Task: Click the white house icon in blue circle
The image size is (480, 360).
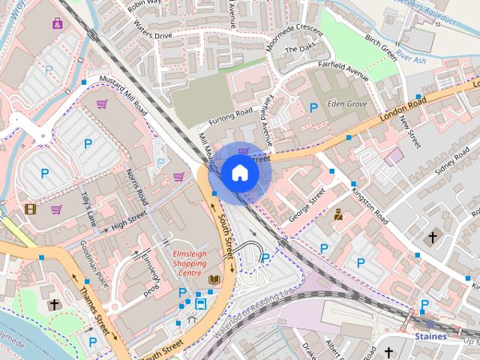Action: pos(239,172)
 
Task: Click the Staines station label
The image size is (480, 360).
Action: pos(430,337)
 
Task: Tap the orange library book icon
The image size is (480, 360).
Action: pos(214,280)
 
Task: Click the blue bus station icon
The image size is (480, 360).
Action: pos(201,304)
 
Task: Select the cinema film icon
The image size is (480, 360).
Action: pos(30,209)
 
